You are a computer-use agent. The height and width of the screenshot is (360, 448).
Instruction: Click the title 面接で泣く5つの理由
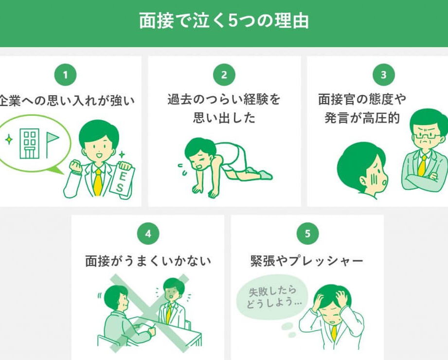click(x=224, y=21)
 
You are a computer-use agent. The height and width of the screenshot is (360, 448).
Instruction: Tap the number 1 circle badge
click(x=66, y=75)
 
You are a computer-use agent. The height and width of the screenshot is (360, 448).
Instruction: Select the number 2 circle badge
click(x=224, y=75)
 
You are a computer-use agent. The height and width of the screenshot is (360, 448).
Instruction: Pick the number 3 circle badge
click(x=383, y=75)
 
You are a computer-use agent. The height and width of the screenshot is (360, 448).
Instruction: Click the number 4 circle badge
click(x=148, y=234)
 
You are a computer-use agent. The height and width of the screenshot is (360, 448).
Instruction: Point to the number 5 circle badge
click(x=307, y=234)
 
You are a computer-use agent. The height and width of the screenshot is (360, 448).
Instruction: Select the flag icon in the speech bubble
click(x=52, y=144)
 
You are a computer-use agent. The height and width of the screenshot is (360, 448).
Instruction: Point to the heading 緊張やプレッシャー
click(x=307, y=261)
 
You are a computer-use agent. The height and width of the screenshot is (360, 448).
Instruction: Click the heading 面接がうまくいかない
click(x=148, y=261)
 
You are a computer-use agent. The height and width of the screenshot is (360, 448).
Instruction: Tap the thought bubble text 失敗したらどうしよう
click(x=273, y=297)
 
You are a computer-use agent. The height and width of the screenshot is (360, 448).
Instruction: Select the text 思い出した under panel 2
click(x=224, y=117)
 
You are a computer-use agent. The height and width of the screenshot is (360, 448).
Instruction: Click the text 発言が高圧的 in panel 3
click(x=362, y=117)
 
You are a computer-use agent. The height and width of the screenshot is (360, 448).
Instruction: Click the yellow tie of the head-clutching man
click(x=334, y=333)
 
